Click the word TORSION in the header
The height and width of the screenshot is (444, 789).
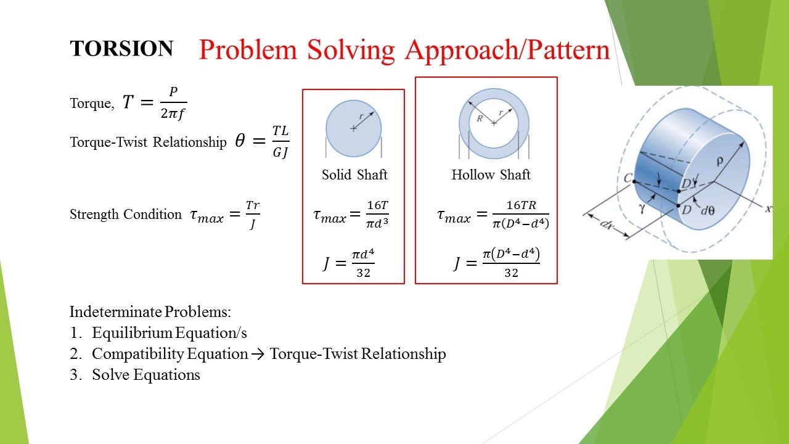click(121, 49)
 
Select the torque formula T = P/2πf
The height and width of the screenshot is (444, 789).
click(154, 103)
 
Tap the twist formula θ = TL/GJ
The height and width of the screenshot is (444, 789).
click(262, 142)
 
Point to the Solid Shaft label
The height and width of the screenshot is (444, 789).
click(354, 175)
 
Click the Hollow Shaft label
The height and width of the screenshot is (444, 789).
click(491, 175)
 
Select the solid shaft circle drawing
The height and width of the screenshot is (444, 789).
click(353, 128)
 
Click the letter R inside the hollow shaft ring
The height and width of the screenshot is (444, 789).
click(479, 118)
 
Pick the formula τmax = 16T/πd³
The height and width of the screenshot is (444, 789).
click(351, 214)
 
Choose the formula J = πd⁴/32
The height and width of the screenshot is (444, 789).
click(349, 263)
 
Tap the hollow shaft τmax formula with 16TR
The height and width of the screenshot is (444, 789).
click(493, 215)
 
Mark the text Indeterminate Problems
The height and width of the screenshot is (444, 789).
click(150, 311)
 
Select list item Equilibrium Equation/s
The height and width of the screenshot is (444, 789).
click(169, 333)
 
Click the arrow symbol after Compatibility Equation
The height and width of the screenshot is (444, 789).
click(259, 354)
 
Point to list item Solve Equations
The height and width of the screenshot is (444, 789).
click(146, 375)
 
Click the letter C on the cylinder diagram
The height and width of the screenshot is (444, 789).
click(628, 178)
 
